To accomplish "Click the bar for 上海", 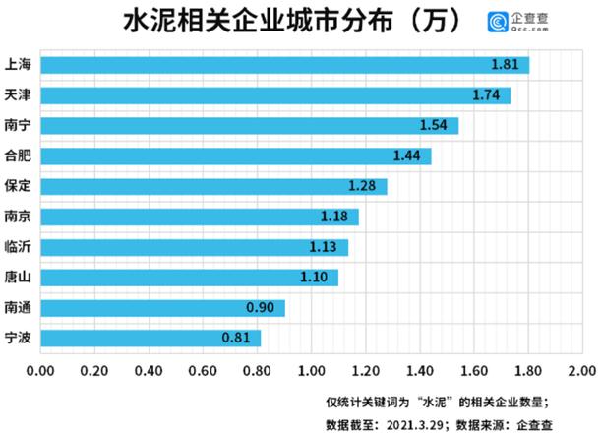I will (285, 65).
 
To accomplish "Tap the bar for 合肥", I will (236, 156).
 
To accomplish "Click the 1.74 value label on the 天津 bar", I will (487, 95).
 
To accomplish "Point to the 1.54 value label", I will (434, 126).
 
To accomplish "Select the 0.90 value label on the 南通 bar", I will (261, 308).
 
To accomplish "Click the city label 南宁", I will (19, 126).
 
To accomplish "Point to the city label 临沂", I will (19, 247).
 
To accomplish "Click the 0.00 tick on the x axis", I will (41, 372).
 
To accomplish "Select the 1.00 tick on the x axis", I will (312, 372).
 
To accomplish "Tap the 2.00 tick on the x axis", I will (580, 372).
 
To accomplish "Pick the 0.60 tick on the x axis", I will (204, 372).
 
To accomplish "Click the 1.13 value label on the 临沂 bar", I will (324, 247).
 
